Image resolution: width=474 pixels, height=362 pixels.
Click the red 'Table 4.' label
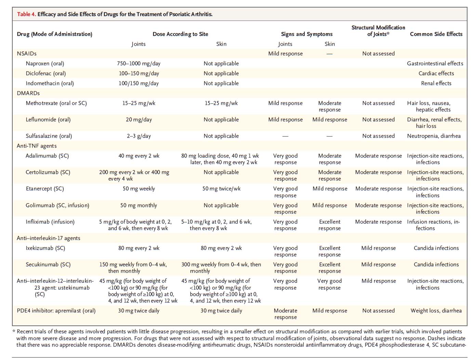[x=26, y=14]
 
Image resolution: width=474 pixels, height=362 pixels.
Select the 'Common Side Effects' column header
[x=436, y=34]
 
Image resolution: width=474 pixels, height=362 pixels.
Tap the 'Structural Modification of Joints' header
[x=378, y=31]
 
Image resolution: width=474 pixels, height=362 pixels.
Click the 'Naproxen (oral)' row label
[x=45, y=64]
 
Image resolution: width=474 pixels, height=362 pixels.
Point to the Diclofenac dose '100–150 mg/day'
[x=139, y=73]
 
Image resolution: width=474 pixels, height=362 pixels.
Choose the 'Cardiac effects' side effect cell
[x=436, y=73]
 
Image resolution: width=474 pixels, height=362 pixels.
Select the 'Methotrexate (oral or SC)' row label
[x=56, y=103]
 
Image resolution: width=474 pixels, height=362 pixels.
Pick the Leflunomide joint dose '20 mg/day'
[x=139, y=120]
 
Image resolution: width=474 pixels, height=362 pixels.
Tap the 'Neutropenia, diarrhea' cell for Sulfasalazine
[x=434, y=136]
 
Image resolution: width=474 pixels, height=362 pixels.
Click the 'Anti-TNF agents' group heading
[x=37, y=146]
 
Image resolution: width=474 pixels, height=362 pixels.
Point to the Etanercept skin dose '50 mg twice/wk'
[x=221, y=189]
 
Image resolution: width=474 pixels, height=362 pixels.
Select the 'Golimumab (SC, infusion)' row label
[x=57, y=205]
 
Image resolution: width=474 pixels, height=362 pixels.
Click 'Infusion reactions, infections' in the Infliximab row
[x=433, y=225]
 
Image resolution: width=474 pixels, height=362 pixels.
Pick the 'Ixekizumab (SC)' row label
[x=45, y=248]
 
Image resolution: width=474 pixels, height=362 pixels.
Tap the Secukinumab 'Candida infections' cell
[x=436, y=265]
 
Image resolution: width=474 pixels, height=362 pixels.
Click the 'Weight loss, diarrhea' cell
[x=436, y=311]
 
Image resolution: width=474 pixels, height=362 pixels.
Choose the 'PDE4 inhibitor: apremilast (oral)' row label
[x=56, y=311]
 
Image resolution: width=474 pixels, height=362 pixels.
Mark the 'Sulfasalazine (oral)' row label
[x=49, y=136]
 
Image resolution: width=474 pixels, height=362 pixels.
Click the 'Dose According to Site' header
[x=180, y=34]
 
